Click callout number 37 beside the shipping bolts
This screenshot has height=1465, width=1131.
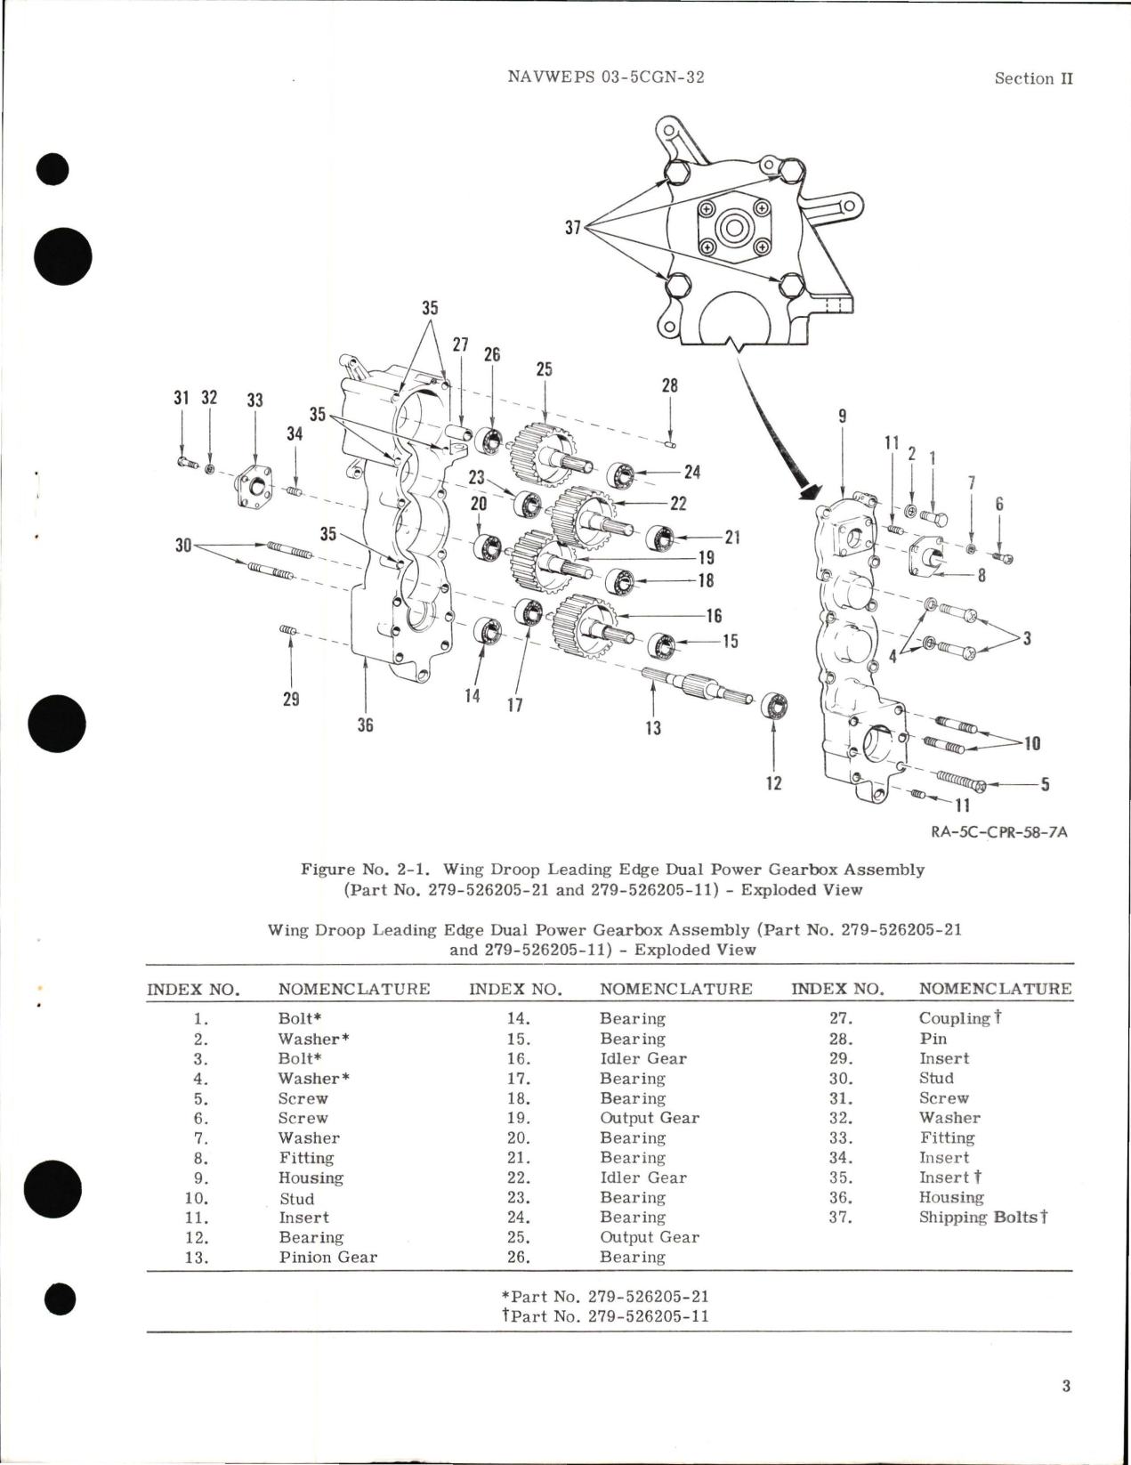(x=572, y=228)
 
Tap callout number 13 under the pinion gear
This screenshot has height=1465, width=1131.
(x=653, y=728)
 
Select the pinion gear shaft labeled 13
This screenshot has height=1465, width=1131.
(x=695, y=686)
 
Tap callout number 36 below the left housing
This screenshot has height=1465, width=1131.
(x=365, y=725)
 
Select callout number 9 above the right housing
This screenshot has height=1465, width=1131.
(x=842, y=416)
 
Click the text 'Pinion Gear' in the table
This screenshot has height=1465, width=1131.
(x=327, y=1258)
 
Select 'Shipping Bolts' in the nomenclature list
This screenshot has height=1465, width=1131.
(x=977, y=1217)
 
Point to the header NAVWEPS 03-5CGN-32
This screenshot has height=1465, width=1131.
(x=605, y=77)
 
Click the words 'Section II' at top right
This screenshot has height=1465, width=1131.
(x=1033, y=78)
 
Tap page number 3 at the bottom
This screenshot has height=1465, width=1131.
(x=1065, y=1386)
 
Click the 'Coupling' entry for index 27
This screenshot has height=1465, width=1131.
(x=954, y=1018)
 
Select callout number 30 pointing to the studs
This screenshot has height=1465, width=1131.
(x=183, y=545)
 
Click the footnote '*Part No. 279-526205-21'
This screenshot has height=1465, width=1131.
(x=610, y=1297)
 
